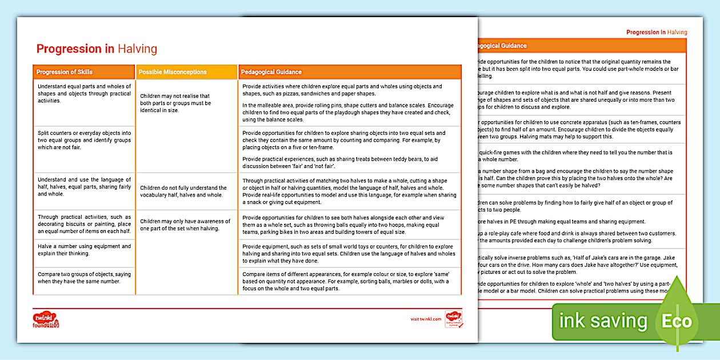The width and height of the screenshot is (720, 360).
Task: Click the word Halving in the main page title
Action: (x=137, y=49)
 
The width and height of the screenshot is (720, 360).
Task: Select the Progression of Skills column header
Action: (x=64, y=72)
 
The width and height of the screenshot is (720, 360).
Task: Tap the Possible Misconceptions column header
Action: (x=173, y=72)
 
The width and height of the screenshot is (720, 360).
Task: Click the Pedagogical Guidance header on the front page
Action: (x=271, y=72)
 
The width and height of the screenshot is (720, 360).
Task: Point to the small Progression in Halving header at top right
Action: (x=657, y=33)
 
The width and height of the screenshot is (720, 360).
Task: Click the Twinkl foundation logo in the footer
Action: (x=47, y=319)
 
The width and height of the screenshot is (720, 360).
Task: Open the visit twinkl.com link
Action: (x=426, y=319)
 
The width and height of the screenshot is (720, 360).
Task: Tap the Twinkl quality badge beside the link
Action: (x=454, y=319)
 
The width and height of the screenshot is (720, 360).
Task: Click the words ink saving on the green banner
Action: (x=603, y=321)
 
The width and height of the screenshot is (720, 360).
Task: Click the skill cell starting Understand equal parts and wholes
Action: (x=84, y=94)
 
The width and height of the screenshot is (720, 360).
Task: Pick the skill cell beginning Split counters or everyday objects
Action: (x=84, y=140)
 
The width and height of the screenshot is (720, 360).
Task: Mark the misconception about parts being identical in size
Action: (x=175, y=103)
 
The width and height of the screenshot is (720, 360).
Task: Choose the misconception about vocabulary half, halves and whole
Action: (x=183, y=191)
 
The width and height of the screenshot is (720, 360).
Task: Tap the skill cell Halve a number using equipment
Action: (x=84, y=250)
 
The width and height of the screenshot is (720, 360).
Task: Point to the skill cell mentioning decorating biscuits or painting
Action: (x=84, y=224)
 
